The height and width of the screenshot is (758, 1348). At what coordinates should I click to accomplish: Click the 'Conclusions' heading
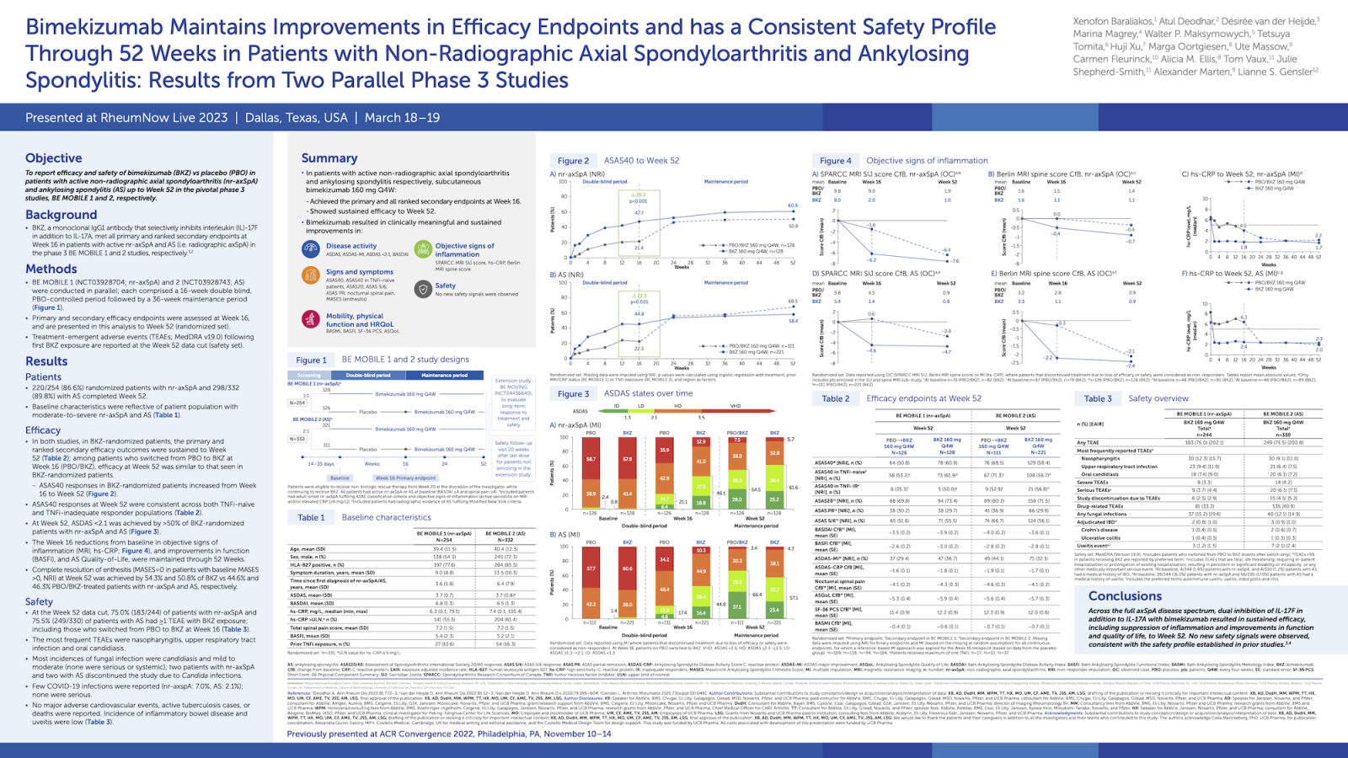point(1125,595)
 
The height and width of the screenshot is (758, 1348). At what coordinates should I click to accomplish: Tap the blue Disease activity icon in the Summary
point(311,249)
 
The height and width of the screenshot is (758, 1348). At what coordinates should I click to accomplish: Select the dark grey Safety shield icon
point(423,289)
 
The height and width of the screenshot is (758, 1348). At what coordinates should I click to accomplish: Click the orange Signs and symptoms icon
point(311,275)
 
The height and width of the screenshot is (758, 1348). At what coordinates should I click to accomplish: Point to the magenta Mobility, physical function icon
point(311,319)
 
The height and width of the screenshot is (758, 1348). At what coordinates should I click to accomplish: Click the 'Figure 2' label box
point(574,160)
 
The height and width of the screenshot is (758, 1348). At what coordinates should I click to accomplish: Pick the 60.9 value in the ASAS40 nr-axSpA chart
point(793,206)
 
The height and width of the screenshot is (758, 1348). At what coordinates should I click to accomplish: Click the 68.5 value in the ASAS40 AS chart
point(793,302)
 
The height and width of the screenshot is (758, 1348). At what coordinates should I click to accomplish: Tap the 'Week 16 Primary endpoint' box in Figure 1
point(405,478)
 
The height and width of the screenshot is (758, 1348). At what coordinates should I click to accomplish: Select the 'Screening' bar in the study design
point(309,375)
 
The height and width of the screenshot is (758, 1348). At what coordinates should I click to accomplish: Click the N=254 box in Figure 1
point(297,403)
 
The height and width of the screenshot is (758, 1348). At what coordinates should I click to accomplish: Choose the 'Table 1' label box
point(311,517)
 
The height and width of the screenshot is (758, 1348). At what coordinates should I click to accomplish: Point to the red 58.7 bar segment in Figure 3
point(591,459)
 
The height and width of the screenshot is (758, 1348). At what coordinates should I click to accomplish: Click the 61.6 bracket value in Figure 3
point(793,487)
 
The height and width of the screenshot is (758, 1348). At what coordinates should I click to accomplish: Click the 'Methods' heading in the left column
point(51,269)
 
